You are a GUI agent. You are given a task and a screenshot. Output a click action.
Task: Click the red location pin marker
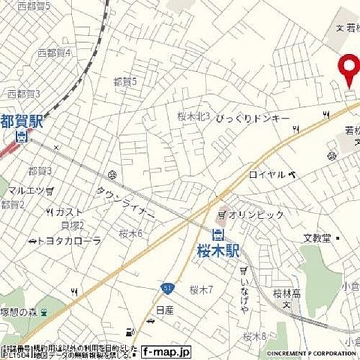click(x=347, y=69)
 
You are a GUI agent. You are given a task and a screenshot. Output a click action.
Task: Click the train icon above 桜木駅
click(x=218, y=234)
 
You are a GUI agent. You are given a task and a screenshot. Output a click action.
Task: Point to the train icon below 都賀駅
click(x=21, y=136)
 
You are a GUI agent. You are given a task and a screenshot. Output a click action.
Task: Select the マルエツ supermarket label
click(x=25, y=190)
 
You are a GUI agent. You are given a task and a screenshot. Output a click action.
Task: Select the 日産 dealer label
click(x=164, y=310)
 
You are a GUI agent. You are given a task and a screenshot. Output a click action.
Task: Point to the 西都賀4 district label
click(x=54, y=53)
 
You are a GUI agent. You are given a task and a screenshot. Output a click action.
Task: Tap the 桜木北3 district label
click(x=193, y=116)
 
